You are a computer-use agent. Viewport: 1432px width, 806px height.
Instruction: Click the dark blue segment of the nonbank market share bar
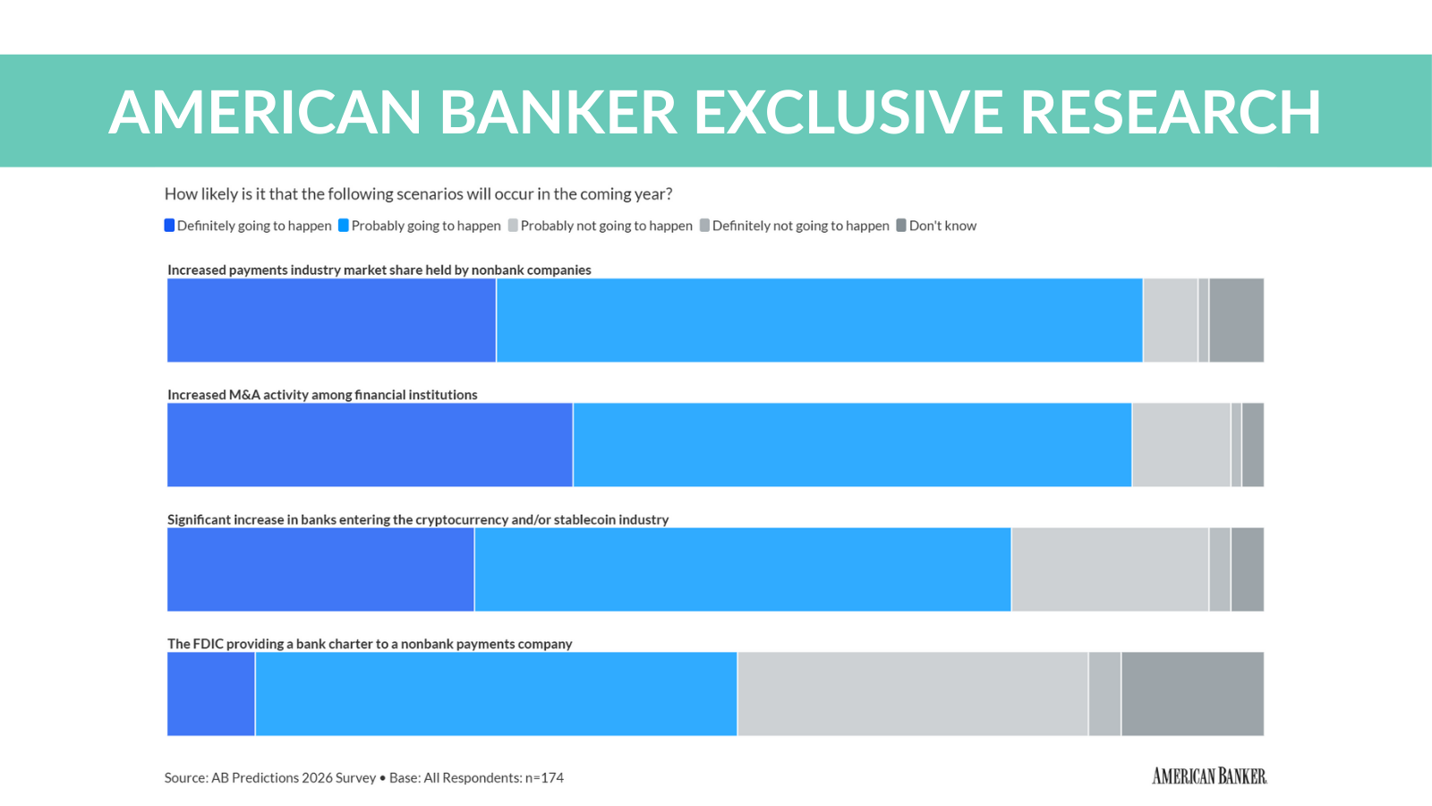[x=331, y=320]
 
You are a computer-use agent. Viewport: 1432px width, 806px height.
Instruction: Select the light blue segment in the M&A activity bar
[x=852, y=444]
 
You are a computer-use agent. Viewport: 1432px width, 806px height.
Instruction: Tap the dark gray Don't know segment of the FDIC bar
[x=1192, y=694]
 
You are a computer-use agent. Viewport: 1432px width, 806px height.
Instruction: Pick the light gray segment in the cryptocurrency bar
[x=1110, y=570]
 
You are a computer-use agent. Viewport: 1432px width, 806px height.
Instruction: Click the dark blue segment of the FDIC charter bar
[x=211, y=694]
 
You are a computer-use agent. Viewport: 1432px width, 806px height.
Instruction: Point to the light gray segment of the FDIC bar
[x=913, y=694]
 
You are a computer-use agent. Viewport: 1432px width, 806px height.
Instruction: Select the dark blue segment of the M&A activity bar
[x=370, y=444]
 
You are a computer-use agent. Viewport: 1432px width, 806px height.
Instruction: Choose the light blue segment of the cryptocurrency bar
[x=743, y=570]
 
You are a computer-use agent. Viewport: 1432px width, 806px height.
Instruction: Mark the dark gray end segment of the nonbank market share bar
[x=1236, y=320]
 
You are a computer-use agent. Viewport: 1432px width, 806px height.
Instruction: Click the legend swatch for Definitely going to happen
[x=169, y=226]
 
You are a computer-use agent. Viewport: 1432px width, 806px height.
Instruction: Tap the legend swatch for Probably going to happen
[x=344, y=226]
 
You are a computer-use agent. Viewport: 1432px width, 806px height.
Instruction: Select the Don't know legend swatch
[x=901, y=226]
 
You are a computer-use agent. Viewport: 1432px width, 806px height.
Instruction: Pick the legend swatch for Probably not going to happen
[x=513, y=226]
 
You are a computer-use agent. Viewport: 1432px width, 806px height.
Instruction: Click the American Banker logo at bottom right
[x=1209, y=776]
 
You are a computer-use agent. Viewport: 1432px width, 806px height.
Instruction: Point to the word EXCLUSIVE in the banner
[x=848, y=113]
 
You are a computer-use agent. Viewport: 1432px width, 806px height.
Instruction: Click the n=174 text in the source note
[x=544, y=777]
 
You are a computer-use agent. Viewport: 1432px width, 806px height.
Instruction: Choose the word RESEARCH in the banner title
[x=1170, y=113]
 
